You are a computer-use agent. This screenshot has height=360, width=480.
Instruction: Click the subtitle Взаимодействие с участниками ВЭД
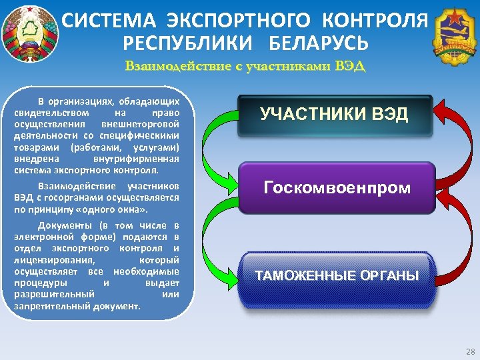(245, 67)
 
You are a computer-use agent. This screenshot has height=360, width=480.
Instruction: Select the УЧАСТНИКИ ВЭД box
(335, 116)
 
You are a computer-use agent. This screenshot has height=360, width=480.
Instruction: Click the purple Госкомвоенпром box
(337, 188)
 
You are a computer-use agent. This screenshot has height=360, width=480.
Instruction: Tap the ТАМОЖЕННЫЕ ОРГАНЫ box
(337, 275)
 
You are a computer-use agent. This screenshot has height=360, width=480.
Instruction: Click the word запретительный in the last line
(46, 306)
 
